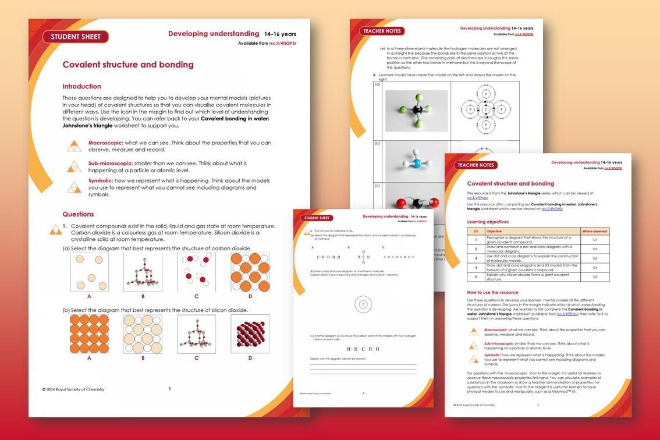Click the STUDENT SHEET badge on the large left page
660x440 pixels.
click(76, 37)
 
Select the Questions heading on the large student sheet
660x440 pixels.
click(78, 214)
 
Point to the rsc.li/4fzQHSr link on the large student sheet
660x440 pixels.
click(283, 43)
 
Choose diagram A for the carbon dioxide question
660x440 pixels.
click(89, 272)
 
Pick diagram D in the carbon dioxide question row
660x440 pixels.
click(250, 272)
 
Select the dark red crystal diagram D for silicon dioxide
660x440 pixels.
click(250, 334)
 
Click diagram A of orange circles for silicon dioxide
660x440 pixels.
click(89, 334)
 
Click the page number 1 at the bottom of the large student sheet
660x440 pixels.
click(169, 389)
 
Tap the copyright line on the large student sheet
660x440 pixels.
click(73, 389)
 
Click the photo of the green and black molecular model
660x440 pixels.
click(416, 110)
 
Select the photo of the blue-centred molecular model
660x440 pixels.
click(416, 161)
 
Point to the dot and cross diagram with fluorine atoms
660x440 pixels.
click(485, 109)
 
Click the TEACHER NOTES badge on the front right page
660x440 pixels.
click(476, 165)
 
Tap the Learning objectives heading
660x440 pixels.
click(488, 222)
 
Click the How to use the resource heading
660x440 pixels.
click(492, 292)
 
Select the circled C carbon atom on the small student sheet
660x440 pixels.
click(363, 304)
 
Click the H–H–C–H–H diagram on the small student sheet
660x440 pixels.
click(363, 349)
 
